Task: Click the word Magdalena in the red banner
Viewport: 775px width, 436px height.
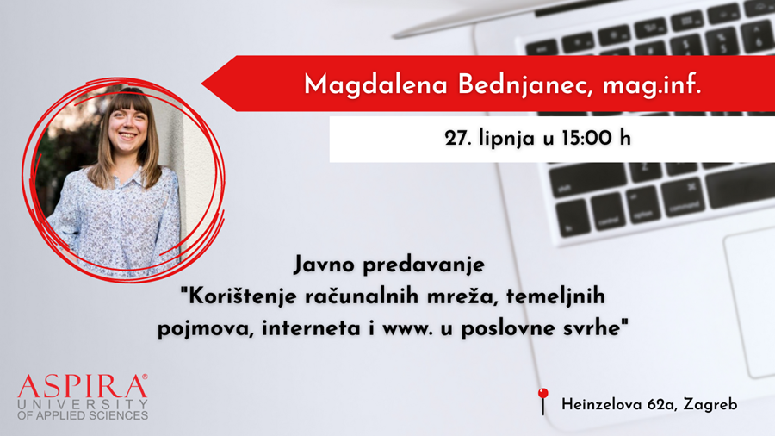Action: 375,85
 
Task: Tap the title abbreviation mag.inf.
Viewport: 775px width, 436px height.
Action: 652,85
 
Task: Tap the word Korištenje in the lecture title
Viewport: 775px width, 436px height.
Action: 242,296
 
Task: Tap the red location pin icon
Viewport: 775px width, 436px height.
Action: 543,401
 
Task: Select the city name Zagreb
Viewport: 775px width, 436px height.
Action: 710,405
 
